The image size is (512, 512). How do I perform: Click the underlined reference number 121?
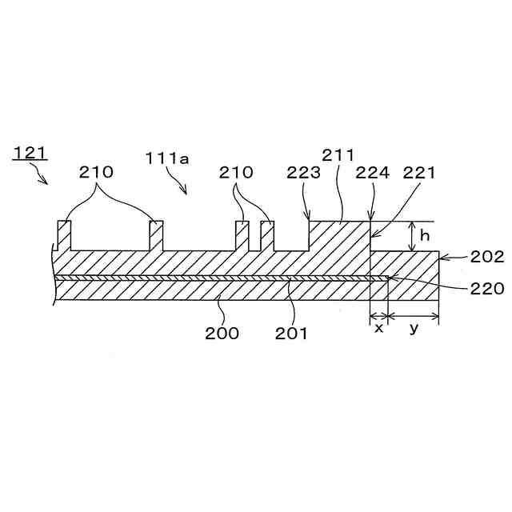pos(30,152)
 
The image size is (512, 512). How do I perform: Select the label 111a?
pos(166,158)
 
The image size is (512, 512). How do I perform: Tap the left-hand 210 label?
pos(96,172)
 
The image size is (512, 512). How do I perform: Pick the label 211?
pos(338,154)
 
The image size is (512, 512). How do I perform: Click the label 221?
pos(419,172)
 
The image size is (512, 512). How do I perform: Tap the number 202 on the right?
pos(487,257)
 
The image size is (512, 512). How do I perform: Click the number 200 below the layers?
pos(222,333)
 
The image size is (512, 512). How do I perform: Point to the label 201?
pos(291,333)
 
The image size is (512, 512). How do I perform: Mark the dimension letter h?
pos(425,237)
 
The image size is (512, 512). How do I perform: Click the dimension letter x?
pos(378,328)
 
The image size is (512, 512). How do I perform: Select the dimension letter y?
pos(414,328)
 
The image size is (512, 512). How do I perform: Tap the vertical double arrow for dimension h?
pos(411,237)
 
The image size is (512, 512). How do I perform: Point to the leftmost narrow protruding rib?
pos(64,235)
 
